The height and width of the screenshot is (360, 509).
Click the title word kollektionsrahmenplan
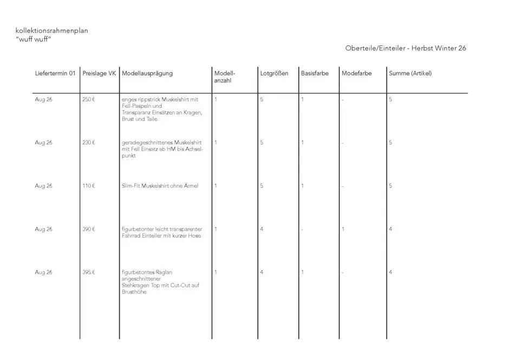[51, 31]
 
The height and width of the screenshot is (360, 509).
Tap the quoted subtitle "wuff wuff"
[34, 40]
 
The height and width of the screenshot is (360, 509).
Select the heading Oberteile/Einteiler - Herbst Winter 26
[406, 48]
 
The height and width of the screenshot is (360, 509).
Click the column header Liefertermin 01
[55, 73]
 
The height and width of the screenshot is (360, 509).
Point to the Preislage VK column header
[99, 73]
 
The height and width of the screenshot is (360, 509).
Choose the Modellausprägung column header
[147, 73]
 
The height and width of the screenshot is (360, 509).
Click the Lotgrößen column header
[274, 73]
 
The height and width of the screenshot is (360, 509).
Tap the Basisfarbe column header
[315, 73]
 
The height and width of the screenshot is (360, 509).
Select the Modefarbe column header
[356, 73]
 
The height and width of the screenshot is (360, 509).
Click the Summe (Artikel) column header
[410, 73]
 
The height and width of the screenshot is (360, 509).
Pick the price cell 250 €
[89, 100]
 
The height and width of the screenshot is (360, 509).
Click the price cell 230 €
[89, 143]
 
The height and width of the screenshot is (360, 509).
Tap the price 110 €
[89, 186]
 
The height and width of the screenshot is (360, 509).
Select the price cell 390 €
[89, 229]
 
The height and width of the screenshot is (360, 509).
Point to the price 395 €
[89, 272]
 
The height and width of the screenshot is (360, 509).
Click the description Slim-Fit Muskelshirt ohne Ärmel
[160, 186]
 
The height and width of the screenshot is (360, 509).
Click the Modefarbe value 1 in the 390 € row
[343, 229]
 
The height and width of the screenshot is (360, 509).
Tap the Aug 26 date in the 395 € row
[43, 272]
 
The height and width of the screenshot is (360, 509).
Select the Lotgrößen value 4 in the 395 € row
[262, 272]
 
